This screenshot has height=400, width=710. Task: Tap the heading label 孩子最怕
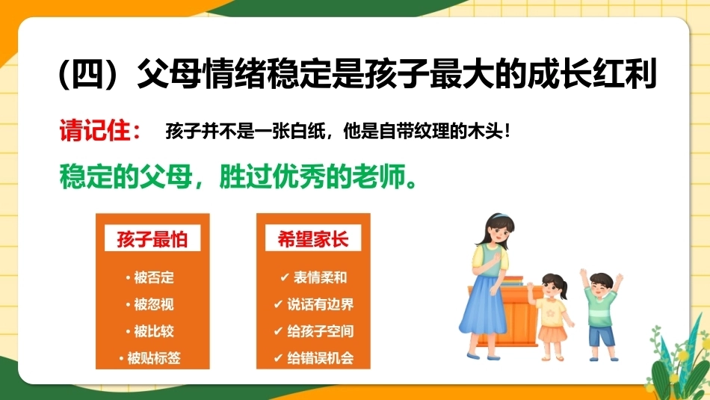pos(152,239)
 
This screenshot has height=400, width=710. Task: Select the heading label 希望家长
pos(313,239)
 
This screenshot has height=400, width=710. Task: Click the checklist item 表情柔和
pos(320,277)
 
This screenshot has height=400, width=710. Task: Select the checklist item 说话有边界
pos(320,304)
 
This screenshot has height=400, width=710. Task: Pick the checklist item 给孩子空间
pos(320,331)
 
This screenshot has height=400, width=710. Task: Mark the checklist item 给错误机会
pos(320,358)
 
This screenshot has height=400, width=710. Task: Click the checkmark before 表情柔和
pos(284,277)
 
